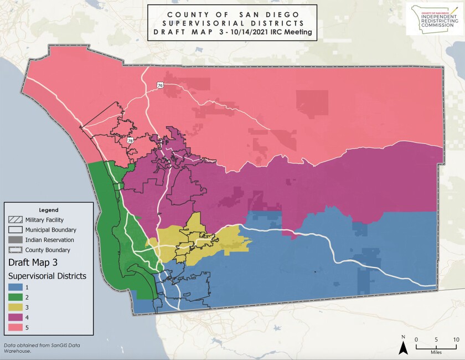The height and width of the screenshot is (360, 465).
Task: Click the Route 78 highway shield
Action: click(131, 141)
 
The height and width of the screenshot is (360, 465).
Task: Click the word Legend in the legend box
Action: click(49, 210)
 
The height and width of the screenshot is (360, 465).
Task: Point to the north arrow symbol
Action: click(404, 347)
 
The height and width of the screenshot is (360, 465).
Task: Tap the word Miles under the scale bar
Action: click(436, 351)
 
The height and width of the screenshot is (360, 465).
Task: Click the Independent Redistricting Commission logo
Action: click(434, 19)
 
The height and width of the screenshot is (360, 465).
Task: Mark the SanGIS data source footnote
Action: click(33, 348)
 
